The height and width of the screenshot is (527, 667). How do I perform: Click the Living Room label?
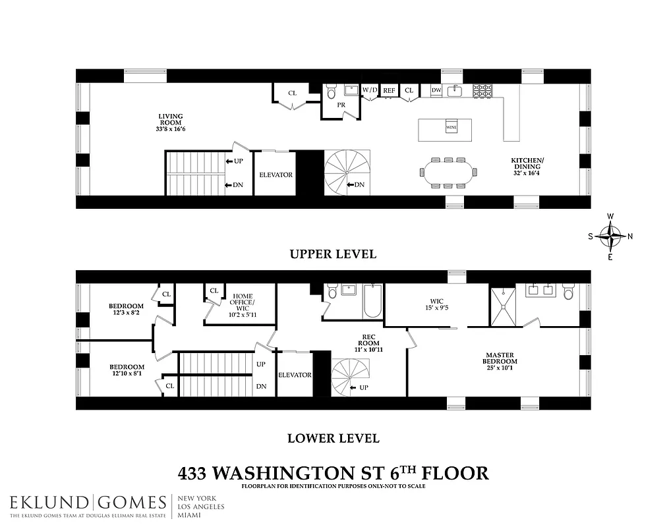(171, 122)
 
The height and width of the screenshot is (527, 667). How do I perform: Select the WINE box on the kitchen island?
(451, 127)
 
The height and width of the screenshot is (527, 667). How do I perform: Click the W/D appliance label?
(370, 90)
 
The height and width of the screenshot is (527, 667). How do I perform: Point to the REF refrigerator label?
(390, 90)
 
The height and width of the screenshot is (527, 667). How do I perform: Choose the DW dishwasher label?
(436, 90)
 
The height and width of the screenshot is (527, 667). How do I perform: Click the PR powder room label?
(341, 105)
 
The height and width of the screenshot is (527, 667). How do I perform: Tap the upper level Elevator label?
(275, 175)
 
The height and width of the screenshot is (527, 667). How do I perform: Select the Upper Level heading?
(333, 254)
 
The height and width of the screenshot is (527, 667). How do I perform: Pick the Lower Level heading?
(333, 437)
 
